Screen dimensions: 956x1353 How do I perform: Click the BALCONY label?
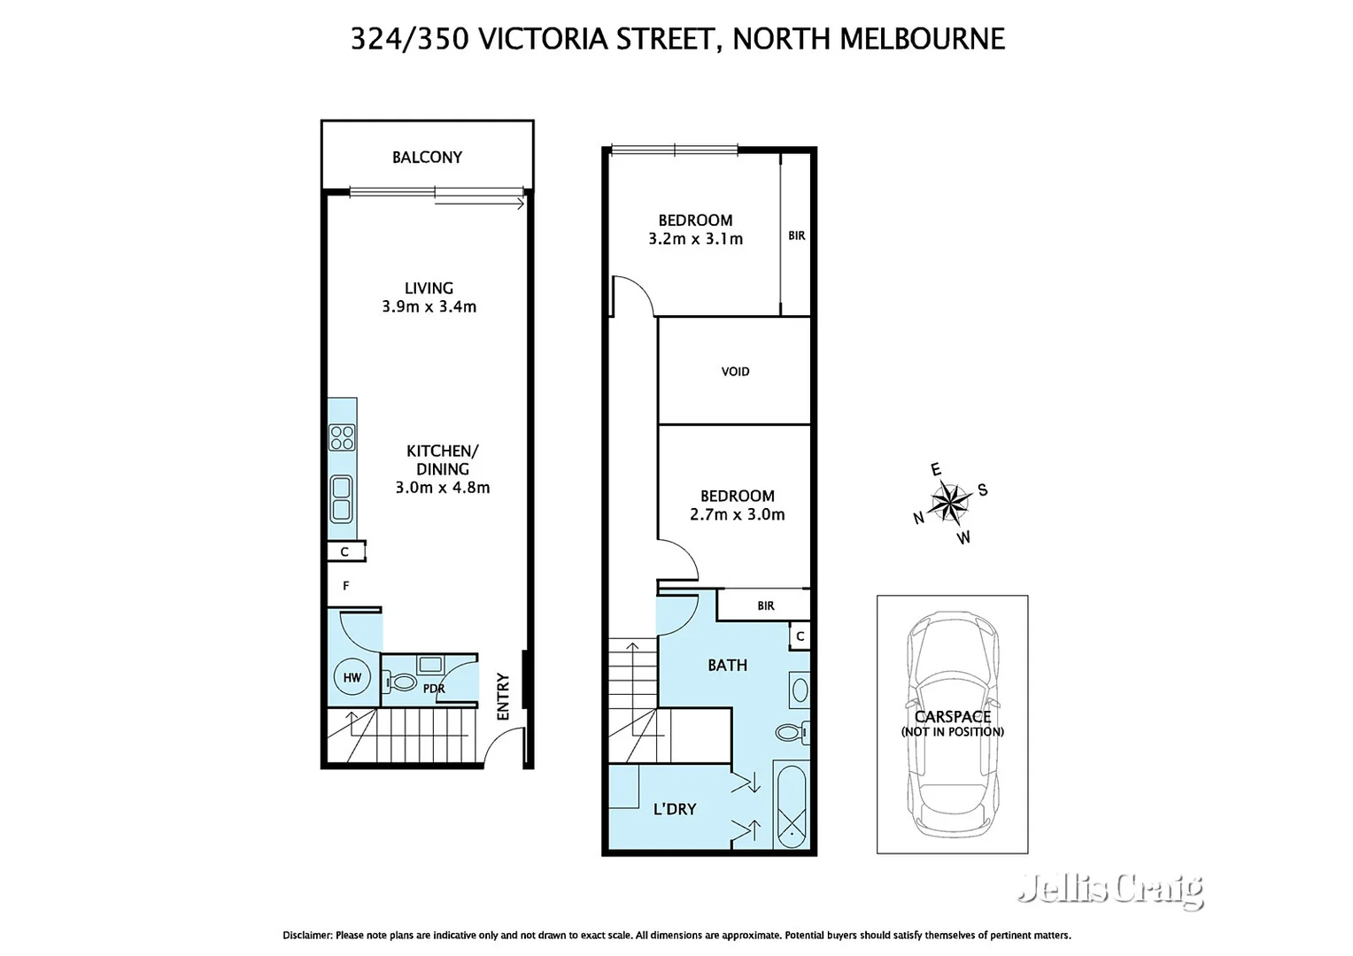pos(427,158)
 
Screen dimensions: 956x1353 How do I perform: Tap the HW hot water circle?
pos(352,678)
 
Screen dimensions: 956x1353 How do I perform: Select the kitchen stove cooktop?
pos(342,437)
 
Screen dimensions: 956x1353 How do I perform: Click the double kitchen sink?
pos(341,499)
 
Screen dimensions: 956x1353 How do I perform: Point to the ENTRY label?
pos(503,696)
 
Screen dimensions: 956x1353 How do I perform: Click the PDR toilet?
pos(403,682)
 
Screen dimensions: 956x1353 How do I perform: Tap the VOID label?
pos(735,372)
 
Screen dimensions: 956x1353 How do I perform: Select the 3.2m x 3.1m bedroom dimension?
pos(695,239)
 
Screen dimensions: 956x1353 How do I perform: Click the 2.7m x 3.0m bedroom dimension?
pos(737,514)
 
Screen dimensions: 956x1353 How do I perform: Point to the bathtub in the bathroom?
pos(790,806)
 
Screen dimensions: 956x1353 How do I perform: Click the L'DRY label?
pos(675,809)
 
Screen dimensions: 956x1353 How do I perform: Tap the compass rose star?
pos(949,503)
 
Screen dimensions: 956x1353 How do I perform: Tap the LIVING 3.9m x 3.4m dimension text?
pos(429,307)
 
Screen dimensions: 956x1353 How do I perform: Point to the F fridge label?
pos(346,586)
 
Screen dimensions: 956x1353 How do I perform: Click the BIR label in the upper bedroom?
pos(796,235)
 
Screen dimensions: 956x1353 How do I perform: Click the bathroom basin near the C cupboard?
pos(800,690)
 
